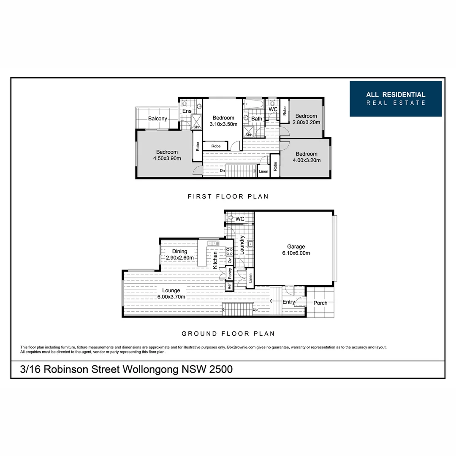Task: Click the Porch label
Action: point(320,303)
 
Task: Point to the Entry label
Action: point(289,302)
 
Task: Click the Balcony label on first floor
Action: point(157,119)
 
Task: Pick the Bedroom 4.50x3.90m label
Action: point(167,155)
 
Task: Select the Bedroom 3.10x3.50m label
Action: point(223,121)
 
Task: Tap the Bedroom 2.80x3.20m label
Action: point(306,119)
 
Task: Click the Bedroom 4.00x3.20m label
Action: point(306,157)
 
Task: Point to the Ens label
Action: point(187,111)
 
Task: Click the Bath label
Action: point(257,119)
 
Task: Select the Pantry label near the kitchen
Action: point(230,273)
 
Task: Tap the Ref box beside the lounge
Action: point(229,286)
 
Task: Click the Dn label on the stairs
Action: point(222,171)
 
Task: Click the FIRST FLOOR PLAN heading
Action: point(228,197)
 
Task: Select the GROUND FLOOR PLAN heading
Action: point(228,334)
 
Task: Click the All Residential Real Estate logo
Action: point(395,99)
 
